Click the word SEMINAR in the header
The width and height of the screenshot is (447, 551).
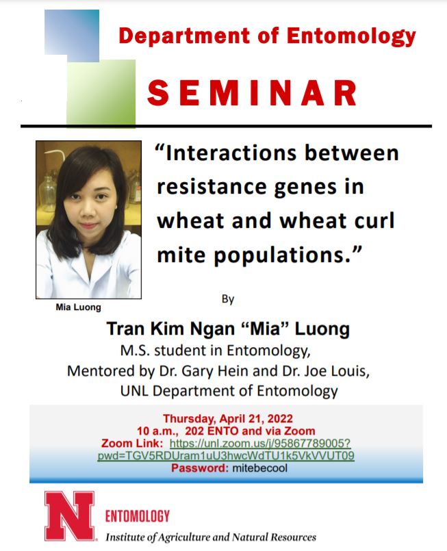pos(251,94)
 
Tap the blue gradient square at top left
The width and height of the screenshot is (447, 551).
pos(72,31)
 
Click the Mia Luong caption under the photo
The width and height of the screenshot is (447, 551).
pos(78,307)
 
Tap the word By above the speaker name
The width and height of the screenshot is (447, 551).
pos(228,299)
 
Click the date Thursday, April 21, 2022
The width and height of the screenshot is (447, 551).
pos(226,419)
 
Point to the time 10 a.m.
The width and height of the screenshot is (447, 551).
pos(155,431)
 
